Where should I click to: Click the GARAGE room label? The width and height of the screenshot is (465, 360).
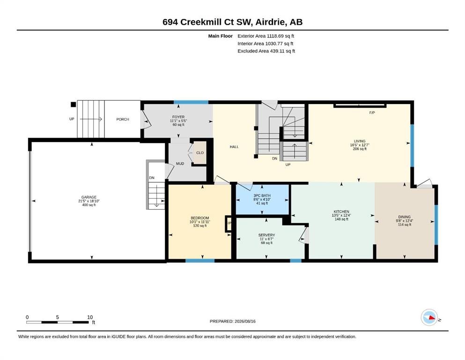click(x=89, y=197)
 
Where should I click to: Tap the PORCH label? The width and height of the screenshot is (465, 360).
click(x=123, y=120)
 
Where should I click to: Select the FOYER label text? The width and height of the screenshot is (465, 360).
click(x=178, y=117)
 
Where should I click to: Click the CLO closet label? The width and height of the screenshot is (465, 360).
click(x=200, y=153)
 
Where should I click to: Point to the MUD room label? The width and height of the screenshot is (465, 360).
click(x=180, y=164)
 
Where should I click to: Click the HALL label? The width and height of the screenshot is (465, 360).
click(x=234, y=147)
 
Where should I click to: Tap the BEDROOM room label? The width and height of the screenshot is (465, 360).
click(x=200, y=218)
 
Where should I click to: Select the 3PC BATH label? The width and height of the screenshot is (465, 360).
click(x=262, y=195)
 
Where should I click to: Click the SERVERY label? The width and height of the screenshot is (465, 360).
click(x=266, y=235)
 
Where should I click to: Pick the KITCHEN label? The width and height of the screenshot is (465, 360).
click(x=341, y=211)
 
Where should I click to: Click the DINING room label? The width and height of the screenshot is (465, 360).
click(x=405, y=217)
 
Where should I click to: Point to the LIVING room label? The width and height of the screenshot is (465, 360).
click(x=360, y=141)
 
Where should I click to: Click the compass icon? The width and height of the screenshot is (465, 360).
click(x=429, y=317)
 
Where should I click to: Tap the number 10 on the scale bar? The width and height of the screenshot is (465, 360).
click(x=90, y=317)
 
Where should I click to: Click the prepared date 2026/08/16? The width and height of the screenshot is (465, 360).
click(x=245, y=321)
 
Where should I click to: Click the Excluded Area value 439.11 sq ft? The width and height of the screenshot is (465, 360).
click(x=282, y=51)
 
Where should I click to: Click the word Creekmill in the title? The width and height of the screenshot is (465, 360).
click(x=205, y=22)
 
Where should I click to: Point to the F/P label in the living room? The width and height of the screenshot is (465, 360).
click(x=372, y=113)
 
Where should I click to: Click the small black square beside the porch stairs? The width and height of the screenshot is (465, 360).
click(x=73, y=105)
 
